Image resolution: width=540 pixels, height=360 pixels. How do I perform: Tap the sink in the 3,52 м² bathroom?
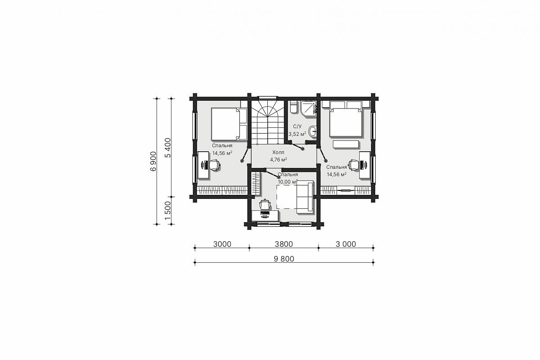[x=313, y=132]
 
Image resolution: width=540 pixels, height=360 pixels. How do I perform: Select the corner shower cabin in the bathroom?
[x=308, y=108]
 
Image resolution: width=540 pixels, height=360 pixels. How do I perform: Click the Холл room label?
[x=278, y=153]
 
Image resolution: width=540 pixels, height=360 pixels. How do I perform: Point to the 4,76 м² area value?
[x=278, y=160]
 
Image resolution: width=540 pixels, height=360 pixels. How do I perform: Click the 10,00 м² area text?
[x=288, y=182]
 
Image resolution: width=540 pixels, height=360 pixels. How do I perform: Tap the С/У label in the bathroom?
[x=297, y=126]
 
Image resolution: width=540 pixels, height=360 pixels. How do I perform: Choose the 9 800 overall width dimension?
[x=284, y=259]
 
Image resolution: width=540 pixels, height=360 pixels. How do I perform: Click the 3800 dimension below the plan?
[x=284, y=244]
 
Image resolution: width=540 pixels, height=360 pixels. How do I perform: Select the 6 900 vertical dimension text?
[x=153, y=161]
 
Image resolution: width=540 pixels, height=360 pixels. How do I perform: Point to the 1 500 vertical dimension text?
[x=167, y=211]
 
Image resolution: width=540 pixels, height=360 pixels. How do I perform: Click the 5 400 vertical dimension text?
[x=167, y=148]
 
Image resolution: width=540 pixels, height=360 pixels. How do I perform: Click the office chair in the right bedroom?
[x=354, y=165]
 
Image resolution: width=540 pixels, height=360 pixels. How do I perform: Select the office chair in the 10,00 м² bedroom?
[x=265, y=204]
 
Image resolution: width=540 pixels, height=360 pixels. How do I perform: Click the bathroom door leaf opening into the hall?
[x=298, y=147]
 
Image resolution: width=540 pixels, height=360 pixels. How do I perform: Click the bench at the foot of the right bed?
[x=346, y=144]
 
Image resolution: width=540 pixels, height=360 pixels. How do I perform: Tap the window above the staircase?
[x=268, y=98]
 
